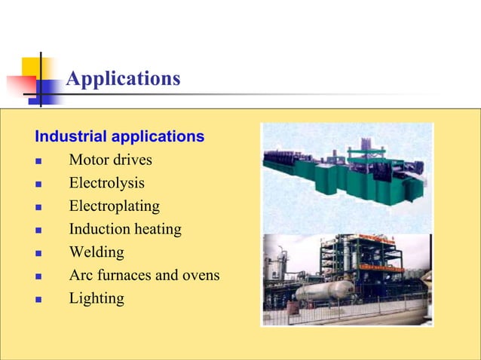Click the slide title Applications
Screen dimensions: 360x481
pyautogui.click(x=123, y=78)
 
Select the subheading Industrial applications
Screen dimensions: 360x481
pyautogui.click(x=119, y=137)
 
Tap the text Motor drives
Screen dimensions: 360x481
pyautogui.click(x=110, y=160)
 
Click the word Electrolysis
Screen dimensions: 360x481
pyautogui.click(x=106, y=183)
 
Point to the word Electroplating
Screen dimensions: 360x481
pyautogui.click(x=114, y=206)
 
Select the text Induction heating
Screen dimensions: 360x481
pyautogui.click(x=125, y=229)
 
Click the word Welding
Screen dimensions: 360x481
pyautogui.click(x=96, y=252)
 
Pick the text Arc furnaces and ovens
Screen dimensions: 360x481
pyautogui.click(x=144, y=275)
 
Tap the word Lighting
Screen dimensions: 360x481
pyautogui.click(x=96, y=298)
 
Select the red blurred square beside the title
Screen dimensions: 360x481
pyautogui.click(x=21, y=85)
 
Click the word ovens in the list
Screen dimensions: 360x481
pyautogui.click(x=200, y=275)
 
